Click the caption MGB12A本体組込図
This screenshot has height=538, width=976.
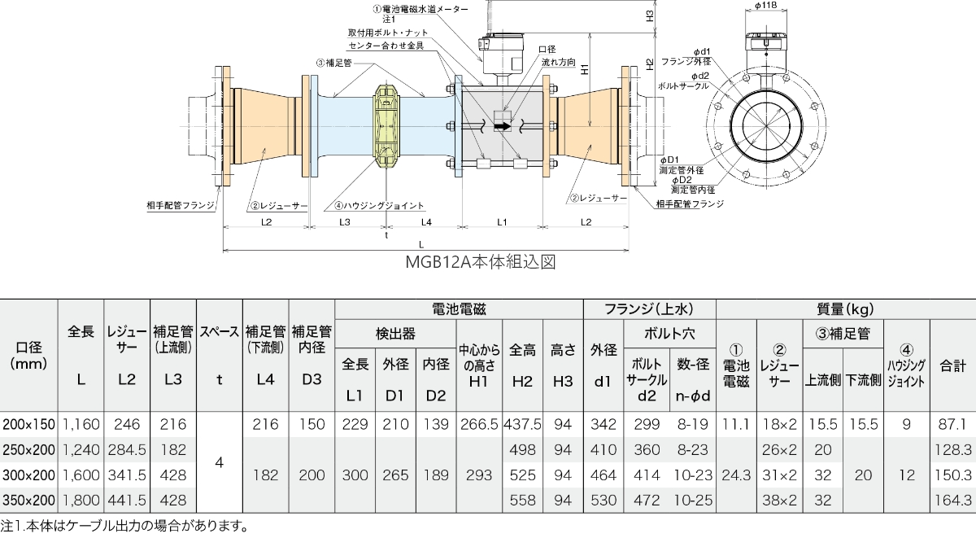(x=480, y=263)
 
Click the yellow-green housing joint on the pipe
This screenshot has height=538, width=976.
(x=386, y=125)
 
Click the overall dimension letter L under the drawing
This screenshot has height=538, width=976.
(x=420, y=244)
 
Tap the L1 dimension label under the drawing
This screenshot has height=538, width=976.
(x=502, y=221)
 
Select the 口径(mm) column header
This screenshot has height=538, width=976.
(x=28, y=356)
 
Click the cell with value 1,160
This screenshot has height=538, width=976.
(x=81, y=424)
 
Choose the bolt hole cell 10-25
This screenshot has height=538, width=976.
(x=692, y=498)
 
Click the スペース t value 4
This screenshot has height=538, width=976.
(x=219, y=461)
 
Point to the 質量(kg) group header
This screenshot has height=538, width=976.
(x=845, y=308)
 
